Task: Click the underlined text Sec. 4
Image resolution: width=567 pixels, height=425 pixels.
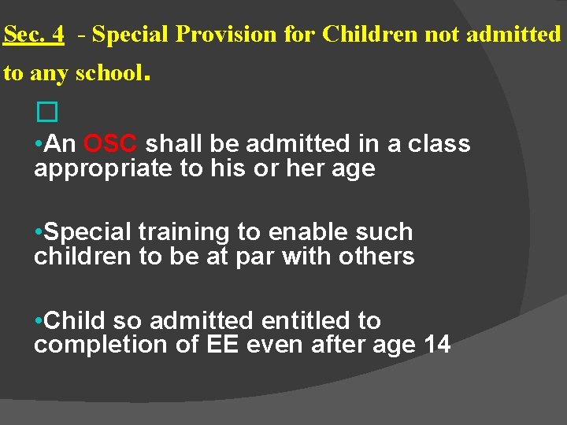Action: pyautogui.click(x=34, y=35)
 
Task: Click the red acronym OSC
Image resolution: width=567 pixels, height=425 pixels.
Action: pyautogui.click(x=111, y=144)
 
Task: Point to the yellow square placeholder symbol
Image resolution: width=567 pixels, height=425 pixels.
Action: pyautogui.click(x=47, y=114)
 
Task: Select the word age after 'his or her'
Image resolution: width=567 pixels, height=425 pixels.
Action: pyautogui.click(x=353, y=169)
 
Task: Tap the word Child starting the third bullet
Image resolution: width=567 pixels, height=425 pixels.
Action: pyautogui.click(x=76, y=321)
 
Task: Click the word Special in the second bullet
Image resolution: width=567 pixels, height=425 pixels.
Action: pyautogui.click(x=87, y=232)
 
